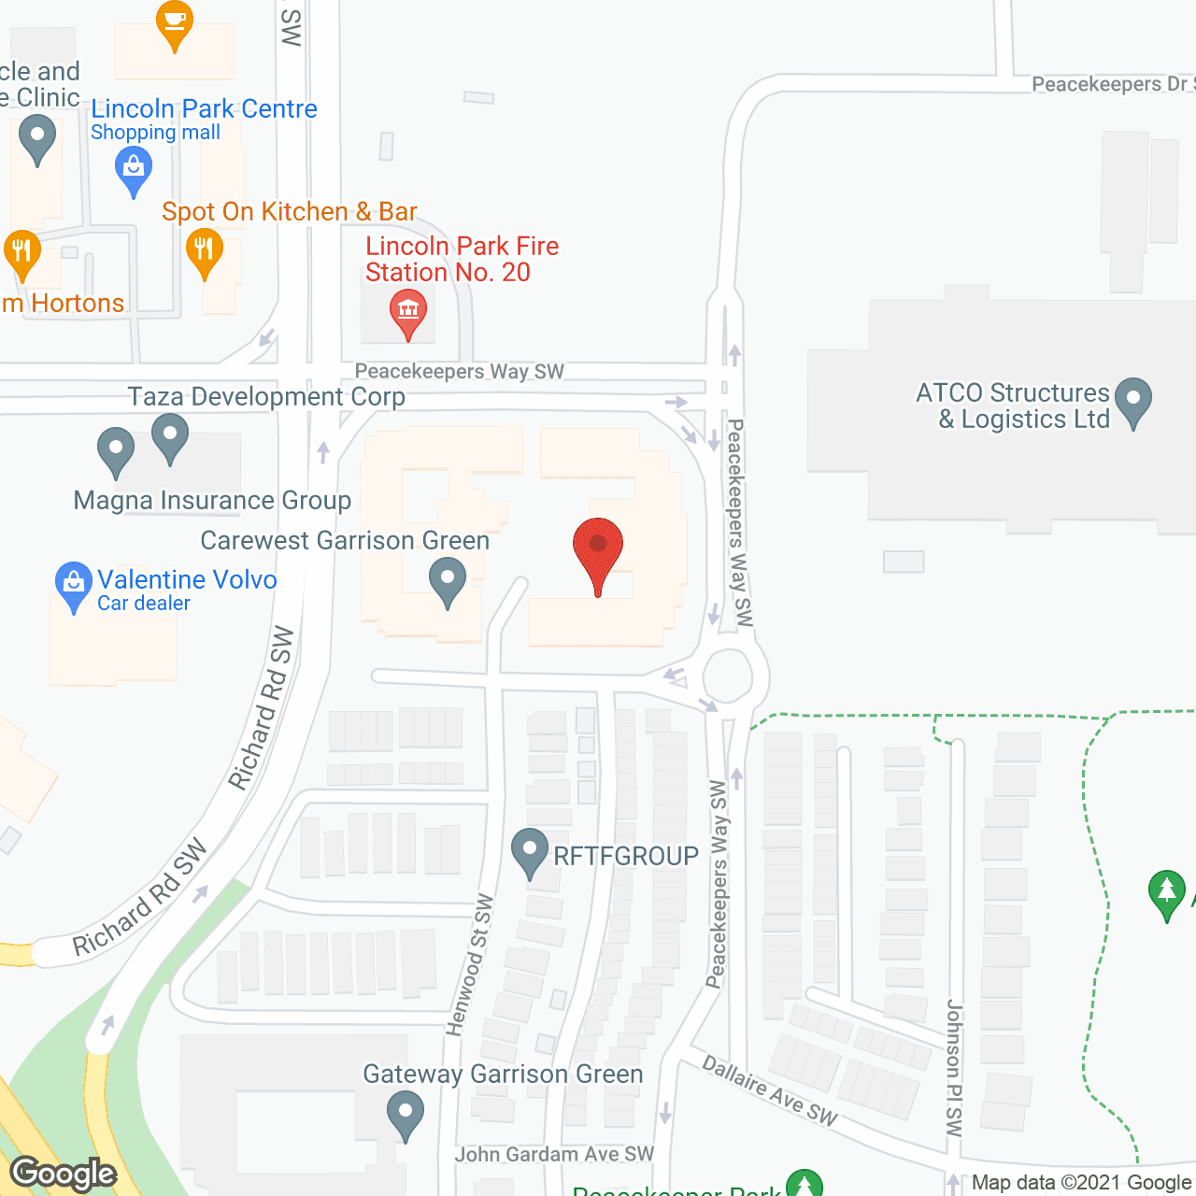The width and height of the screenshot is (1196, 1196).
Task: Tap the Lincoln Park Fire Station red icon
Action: (408, 311)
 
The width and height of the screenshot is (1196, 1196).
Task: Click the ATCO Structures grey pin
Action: (1133, 399)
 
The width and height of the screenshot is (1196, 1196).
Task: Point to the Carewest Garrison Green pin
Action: (448, 579)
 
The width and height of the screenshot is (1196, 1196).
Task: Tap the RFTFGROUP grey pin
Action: (530, 851)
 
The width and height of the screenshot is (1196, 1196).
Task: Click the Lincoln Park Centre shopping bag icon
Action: (134, 170)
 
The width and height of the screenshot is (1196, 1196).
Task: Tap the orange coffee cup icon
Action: (174, 21)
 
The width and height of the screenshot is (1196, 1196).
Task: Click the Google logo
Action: (64, 1174)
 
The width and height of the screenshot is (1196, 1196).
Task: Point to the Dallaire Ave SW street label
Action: (770, 1090)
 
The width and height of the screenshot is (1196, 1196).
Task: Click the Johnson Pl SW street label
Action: (954, 1068)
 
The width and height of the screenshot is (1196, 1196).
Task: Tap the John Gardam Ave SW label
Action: (554, 1155)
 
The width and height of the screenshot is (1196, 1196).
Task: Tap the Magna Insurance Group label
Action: (212, 501)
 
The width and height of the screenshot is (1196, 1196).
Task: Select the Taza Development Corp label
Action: (266, 397)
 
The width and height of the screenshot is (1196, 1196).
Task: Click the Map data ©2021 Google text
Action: (1080, 1183)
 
